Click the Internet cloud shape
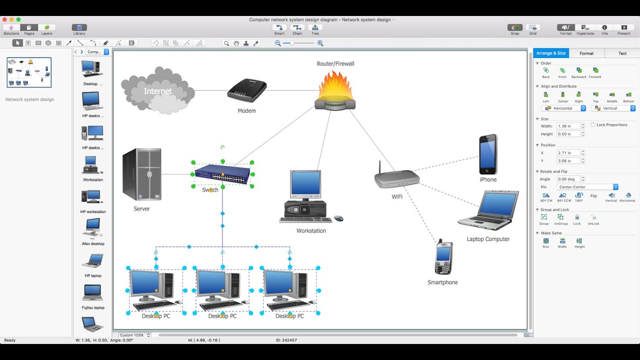click(x=157, y=90)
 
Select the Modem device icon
click(x=246, y=90)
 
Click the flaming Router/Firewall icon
click(x=335, y=91)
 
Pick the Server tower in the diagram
click(x=142, y=174)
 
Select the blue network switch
click(x=222, y=174)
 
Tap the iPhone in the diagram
click(x=488, y=154)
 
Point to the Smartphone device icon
click(x=443, y=257)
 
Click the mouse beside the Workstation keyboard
click(x=338, y=218)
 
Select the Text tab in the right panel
click(x=622, y=53)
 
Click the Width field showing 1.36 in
click(x=568, y=126)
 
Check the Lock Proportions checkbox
click(x=593, y=124)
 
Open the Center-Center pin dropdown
click(x=587, y=187)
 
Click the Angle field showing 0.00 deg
click(x=568, y=179)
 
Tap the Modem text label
click(x=246, y=111)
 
